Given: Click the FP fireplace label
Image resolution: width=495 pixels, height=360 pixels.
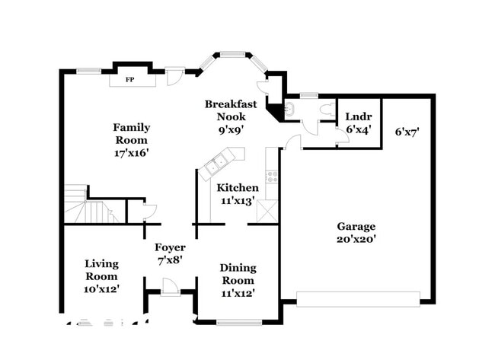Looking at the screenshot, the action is pyautogui.click(x=129, y=79).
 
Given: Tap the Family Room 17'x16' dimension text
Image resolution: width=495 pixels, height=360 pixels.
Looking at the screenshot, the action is pyautogui.click(x=131, y=153).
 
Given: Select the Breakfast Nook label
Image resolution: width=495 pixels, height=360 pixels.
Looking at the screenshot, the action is pyautogui.click(x=231, y=110).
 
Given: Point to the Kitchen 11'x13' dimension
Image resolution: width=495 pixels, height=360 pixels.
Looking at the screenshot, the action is pyautogui.click(x=238, y=201).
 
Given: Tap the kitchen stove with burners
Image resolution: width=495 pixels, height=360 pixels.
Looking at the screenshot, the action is pyautogui.click(x=272, y=177).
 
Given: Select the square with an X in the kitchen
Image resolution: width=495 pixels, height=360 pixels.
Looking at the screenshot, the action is pyautogui.click(x=267, y=211).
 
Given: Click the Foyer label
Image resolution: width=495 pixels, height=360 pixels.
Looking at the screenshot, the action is pyautogui.click(x=170, y=247).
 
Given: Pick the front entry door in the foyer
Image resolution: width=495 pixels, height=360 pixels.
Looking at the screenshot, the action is pyautogui.click(x=171, y=287).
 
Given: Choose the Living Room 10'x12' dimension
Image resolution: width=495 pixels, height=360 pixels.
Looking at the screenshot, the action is pyautogui.click(x=101, y=289).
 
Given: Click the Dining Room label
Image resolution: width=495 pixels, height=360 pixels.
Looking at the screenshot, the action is pyautogui.click(x=238, y=274).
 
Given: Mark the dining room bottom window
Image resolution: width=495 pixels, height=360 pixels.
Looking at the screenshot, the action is pyautogui.click(x=239, y=323).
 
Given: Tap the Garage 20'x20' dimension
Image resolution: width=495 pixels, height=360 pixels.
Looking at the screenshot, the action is pyautogui.click(x=356, y=239).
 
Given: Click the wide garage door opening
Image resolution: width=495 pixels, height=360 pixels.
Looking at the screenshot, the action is pyautogui.click(x=358, y=299).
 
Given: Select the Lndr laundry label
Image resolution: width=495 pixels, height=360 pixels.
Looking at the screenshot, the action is pyautogui.click(x=359, y=116).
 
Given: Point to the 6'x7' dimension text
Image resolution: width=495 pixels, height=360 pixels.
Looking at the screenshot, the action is pyautogui.click(x=407, y=132).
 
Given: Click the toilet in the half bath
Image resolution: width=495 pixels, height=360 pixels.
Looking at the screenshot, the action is pyautogui.click(x=327, y=109).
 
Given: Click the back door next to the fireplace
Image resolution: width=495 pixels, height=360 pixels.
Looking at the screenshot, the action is pyautogui.click(x=174, y=77).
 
